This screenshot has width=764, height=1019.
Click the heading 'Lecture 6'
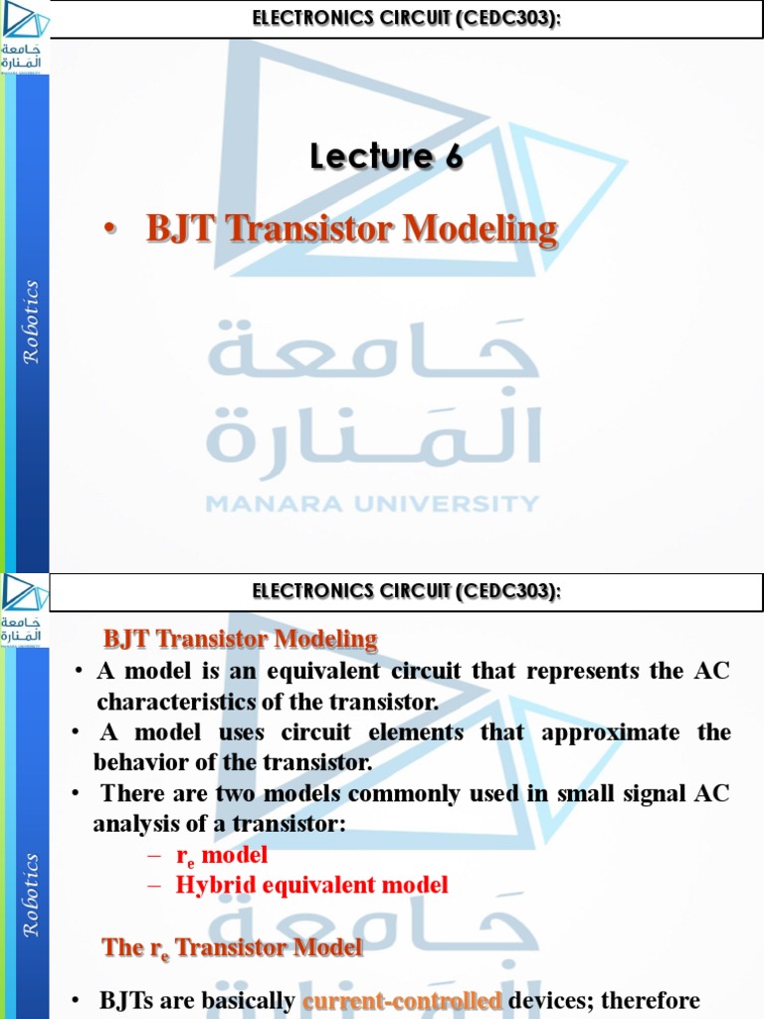point(386,156)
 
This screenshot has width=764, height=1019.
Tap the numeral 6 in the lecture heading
point(453,156)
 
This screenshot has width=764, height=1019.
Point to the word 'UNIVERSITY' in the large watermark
point(441,504)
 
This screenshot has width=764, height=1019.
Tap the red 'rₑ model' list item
point(222,855)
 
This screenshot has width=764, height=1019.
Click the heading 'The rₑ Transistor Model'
point(233,947)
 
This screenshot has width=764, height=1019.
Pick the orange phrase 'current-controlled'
point(402,1001)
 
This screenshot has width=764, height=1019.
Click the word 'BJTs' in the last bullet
point(124,1001)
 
